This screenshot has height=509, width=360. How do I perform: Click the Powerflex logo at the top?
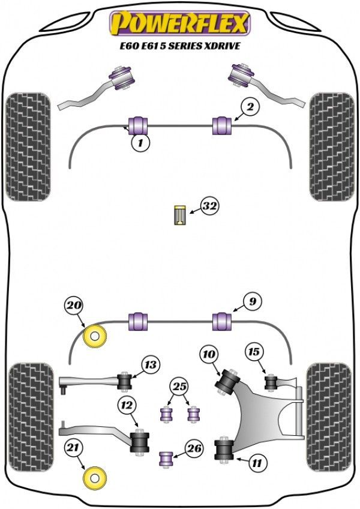(x=179, y=23)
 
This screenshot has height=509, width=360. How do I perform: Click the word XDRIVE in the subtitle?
(x=224, y=45)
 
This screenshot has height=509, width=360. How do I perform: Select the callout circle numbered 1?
(x=140, y=143)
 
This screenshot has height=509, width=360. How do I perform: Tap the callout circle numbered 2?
(x=251, y=107)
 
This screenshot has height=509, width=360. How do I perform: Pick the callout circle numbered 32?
(x=209, y=206)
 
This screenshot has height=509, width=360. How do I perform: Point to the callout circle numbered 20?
(x=74, y=306)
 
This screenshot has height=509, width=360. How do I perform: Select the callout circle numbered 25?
(x=178, y=386)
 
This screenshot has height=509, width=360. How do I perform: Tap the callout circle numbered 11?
(x=257, y=462)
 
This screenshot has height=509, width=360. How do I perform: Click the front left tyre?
(x=27, y=146)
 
